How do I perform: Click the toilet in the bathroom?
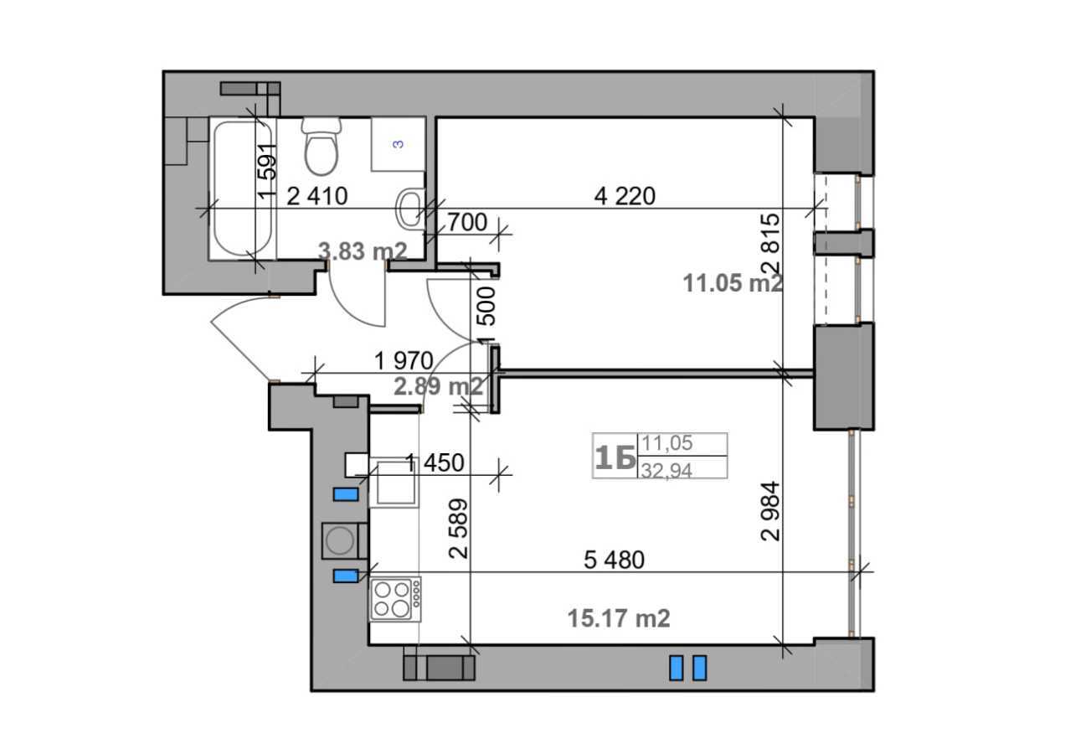[322, 146]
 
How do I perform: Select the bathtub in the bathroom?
[243, 189]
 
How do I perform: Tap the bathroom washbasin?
[409, 209]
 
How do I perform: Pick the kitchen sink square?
[396, 484]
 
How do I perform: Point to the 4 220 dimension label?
[625, 196]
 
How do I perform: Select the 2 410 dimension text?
[316, 197]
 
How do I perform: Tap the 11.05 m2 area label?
[733, 283]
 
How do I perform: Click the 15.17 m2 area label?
[619, 619]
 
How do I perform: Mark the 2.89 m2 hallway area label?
[438, 386]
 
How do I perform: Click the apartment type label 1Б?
[615, 457]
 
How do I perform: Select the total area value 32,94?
[666, 470]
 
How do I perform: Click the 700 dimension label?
[467, 223]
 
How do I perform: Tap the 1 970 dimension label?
[404, 361]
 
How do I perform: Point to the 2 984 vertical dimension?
[770, 511]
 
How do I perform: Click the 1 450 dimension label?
[434, 462]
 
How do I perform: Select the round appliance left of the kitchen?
[340, 540]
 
